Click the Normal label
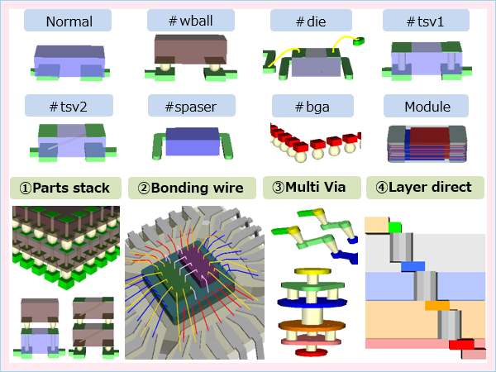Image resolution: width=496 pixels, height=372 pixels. point(69,21)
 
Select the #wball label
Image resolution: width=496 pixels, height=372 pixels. point(189,21)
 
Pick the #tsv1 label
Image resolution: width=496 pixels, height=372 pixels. point(425,21)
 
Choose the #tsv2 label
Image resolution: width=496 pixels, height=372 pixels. point(69,106)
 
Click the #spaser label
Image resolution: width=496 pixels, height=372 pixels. point(189,106)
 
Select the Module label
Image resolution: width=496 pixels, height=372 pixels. point(425,106)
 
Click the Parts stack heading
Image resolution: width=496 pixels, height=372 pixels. point(66,188)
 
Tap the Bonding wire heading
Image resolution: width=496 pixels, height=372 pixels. point(190,188)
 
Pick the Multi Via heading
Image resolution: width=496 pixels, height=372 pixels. point(311,188)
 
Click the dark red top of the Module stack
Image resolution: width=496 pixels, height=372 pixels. point(426,135)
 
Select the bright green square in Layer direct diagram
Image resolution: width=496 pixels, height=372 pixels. point(394,227)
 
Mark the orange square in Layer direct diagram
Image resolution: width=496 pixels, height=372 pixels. point(436,305)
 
